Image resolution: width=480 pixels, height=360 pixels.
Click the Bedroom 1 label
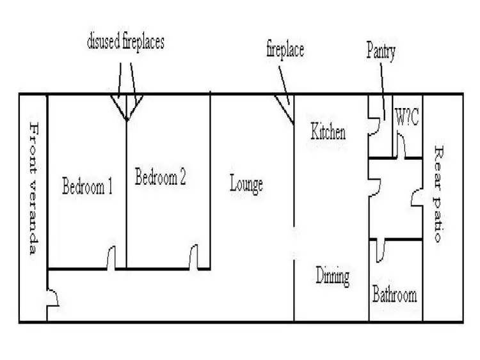coord(88,187)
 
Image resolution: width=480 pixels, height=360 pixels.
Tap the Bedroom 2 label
coord(160,177)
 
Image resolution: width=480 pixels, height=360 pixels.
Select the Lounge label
coord(246,185)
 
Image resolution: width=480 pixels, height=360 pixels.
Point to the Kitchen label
coord(328,132)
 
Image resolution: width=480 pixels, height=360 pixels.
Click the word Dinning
coord(333,277)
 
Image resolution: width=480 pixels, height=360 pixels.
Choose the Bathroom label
coord(394,295)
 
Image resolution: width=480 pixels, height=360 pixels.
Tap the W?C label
coord(406,118)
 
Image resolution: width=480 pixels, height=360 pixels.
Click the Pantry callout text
coord(381,51)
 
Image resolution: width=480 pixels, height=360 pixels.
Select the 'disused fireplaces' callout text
coord(125,43)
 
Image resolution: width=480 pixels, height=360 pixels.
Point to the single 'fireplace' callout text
coord(285,50)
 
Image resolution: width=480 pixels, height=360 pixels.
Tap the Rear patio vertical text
coord(438,194)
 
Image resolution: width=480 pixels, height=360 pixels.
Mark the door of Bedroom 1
coord(111,259)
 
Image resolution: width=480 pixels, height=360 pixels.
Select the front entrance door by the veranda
coord(54,297)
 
